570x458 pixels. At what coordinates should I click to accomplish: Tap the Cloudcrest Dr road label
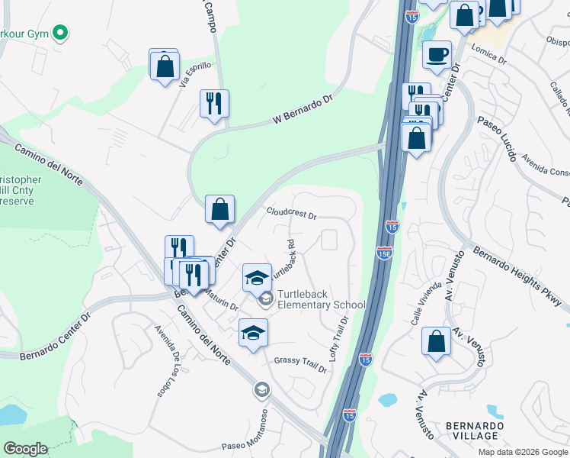pyautogui.click(x=291, y=213)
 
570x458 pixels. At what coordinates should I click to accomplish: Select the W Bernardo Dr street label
pyautogui.click(x=304, y=111)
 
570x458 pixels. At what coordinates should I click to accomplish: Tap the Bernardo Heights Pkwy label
pyautogui.click(x=520, y=276)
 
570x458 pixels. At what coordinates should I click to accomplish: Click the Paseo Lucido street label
pyautogui.click(x=496, y=138)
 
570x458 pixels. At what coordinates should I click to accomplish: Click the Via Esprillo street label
pyautogui.click(x=194, y=76)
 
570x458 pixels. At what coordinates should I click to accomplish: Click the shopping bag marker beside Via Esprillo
pyautogui.click(x=165, y=66)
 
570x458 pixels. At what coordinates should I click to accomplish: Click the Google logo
pyautogui.click(x=25, y=449)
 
